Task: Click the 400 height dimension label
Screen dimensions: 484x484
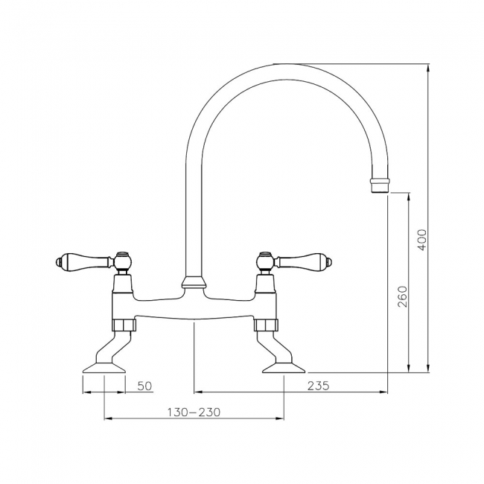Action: click(421, 239)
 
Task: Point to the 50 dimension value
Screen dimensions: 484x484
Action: click(144, 385)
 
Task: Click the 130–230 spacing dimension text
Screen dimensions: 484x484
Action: click(193, 412)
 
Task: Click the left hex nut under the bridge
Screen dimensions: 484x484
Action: click(124, 324)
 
